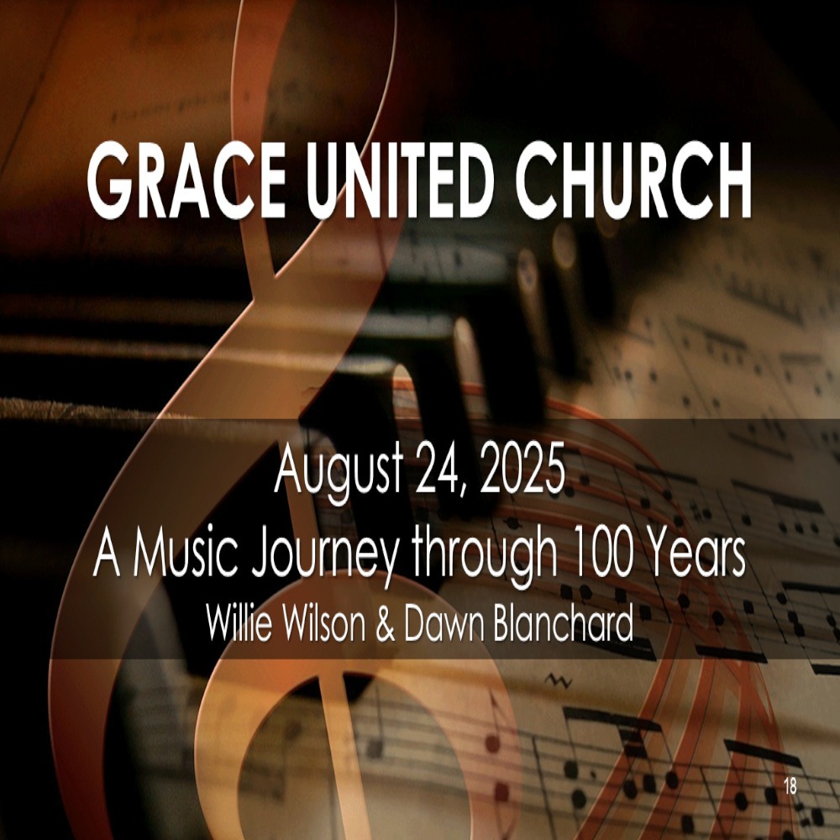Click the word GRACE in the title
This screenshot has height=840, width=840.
(x=187, y=180)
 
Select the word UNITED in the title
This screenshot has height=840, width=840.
(x=400, y=180)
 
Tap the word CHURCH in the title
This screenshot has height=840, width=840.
(x=633, y=180)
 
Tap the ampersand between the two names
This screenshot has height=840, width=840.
(x=386, y=623)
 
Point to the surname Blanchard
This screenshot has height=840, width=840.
(x=563, y=622)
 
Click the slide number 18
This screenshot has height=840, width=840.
(x=790, y=786)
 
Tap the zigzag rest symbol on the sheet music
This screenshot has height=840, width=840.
(x=559, y=681)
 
